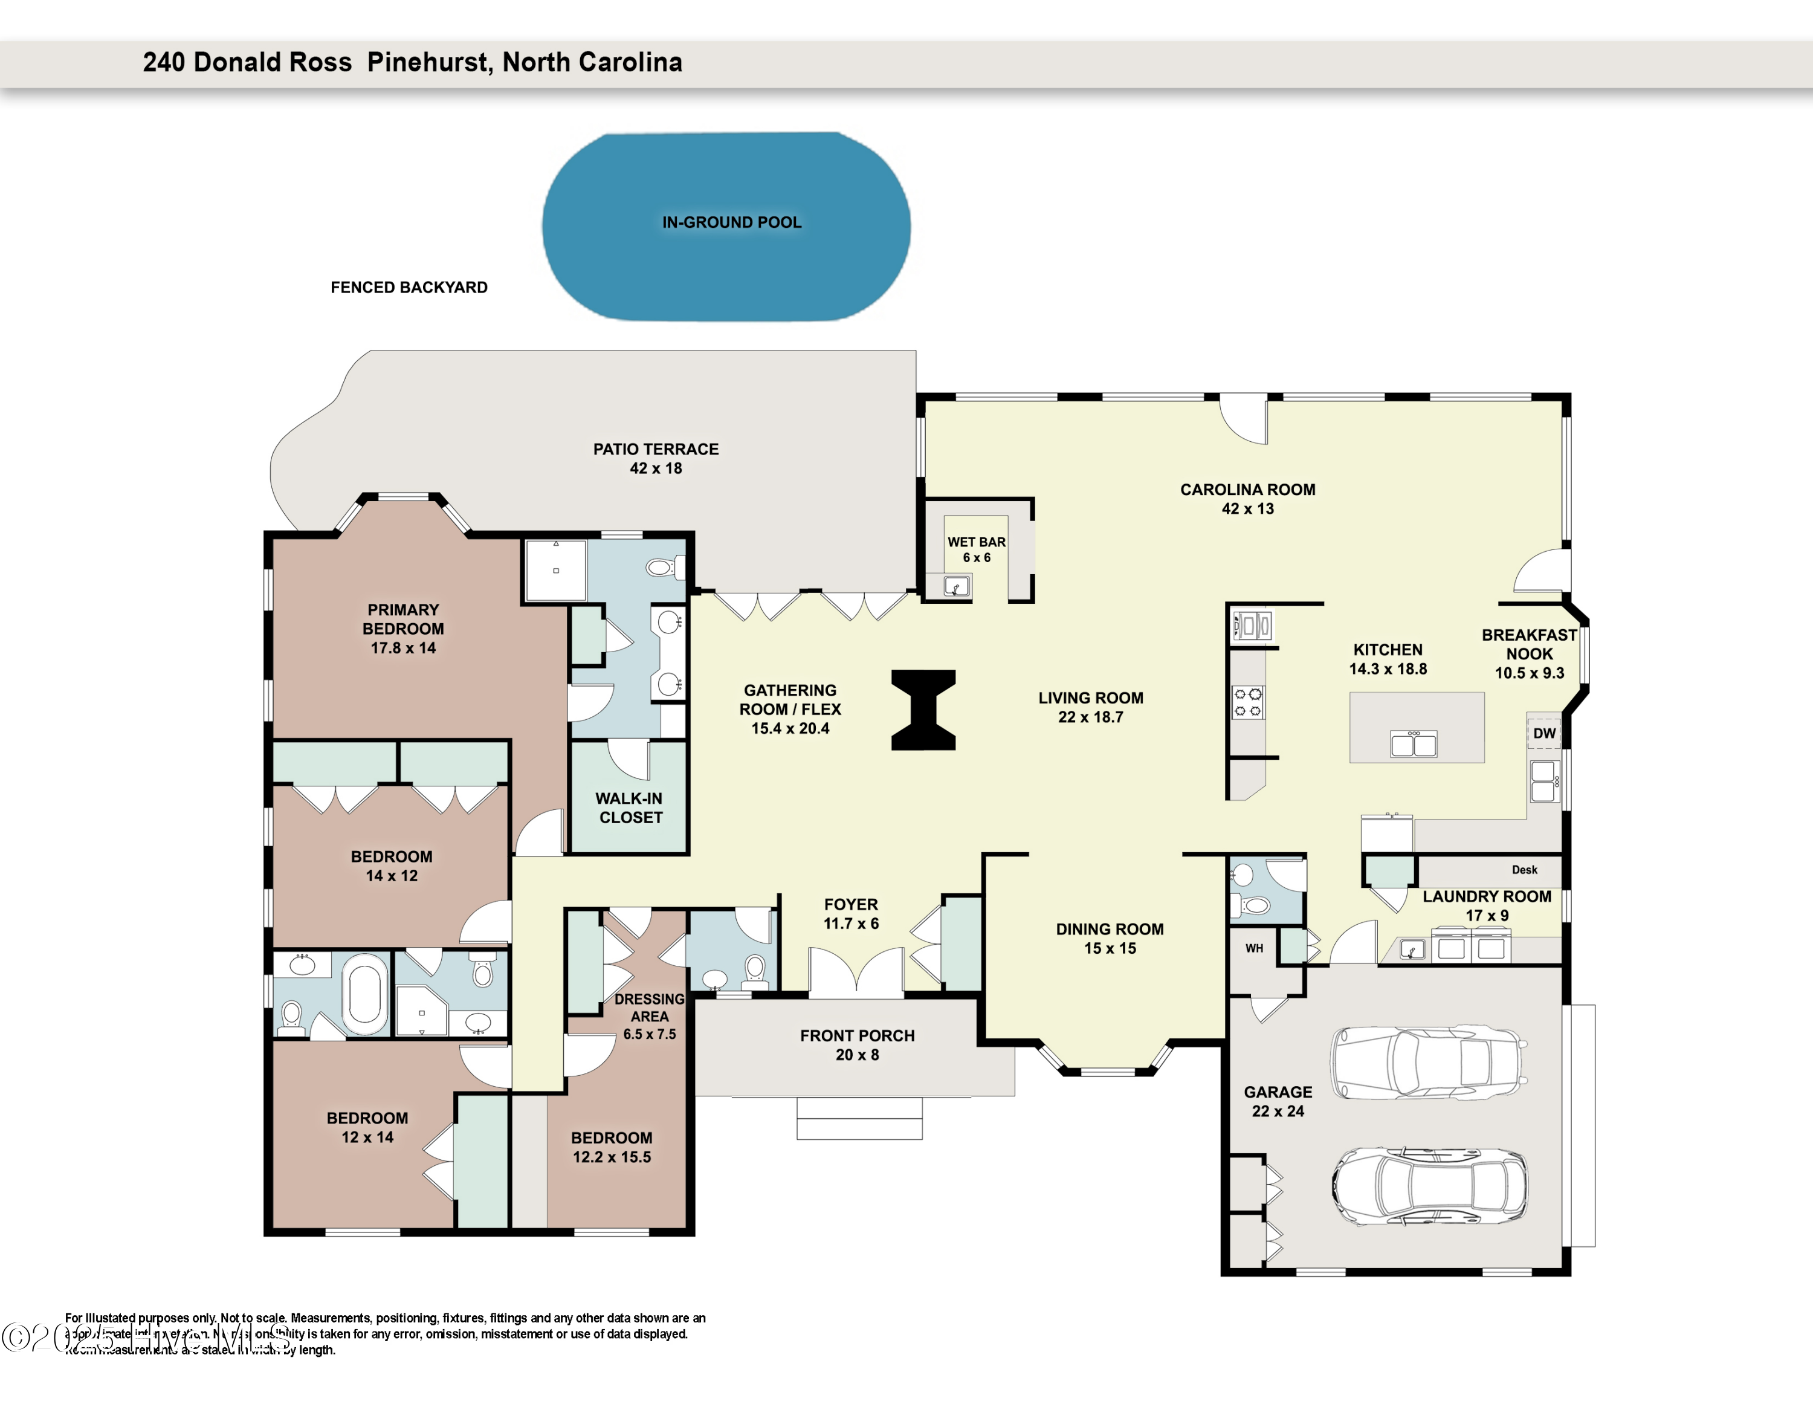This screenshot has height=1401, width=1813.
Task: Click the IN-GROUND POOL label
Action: (x=731, y=222)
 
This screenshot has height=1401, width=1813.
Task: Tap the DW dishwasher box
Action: (x=1544, y=733)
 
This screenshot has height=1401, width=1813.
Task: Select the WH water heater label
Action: (x=1253, y=948)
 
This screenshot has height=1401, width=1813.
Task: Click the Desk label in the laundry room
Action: (x=1524, y=870)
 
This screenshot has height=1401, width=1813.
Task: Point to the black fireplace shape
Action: (x=923, y=710)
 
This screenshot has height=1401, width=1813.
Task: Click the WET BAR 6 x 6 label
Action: (x=976, y=549)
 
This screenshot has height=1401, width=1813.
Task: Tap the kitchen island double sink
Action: (x=1413, y=745)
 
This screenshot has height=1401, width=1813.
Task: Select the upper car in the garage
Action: (x=1429, y=1063)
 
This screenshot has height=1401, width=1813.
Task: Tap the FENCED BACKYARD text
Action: (x=409, y=287)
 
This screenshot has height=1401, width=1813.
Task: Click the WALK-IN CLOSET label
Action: (x=630, y=807)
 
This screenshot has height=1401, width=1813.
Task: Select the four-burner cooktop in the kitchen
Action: (x=1247, y=702)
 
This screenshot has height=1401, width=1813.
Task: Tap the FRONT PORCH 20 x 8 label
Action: (x=857, y=1045)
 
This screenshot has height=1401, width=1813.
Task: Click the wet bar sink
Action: (x=956, y=587)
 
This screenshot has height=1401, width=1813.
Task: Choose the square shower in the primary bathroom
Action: (x=555, y=570)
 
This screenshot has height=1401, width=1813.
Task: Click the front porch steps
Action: (x=859, y=1119)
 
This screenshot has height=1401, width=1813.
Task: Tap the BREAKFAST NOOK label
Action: (x=1529, y=653)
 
